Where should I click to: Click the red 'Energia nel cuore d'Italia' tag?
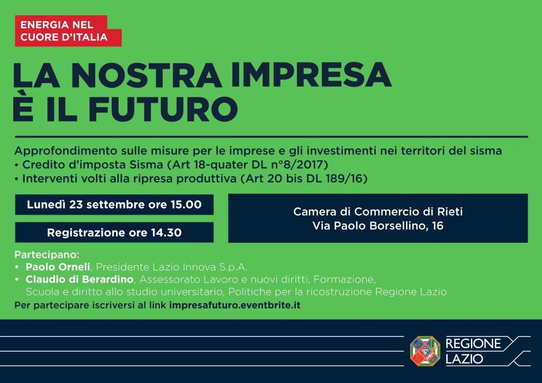pos(68,31)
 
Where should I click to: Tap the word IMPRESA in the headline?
pos(311,75)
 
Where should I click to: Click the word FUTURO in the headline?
pos(163,109)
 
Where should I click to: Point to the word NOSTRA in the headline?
pos(146,75)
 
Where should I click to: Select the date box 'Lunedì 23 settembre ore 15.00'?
pos(114,204)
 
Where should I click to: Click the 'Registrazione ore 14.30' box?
pos(114,232)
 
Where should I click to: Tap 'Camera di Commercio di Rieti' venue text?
pos(378,212)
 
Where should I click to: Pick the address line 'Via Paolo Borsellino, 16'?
pos(378,225)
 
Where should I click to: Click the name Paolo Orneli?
pos(58,267)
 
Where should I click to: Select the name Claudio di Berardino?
pos(79,279)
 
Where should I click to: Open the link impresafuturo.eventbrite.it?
pos(234,305)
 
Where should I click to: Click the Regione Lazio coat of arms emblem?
pos(425,351)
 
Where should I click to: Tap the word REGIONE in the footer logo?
pos(473,344)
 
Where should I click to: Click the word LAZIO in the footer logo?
pos(464,359)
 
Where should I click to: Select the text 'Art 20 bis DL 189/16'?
pos(304,179)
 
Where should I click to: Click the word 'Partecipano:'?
pos(47,255)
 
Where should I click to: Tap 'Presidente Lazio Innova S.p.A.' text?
pos(171,267)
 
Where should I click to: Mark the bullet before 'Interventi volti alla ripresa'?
pos(16,179)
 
